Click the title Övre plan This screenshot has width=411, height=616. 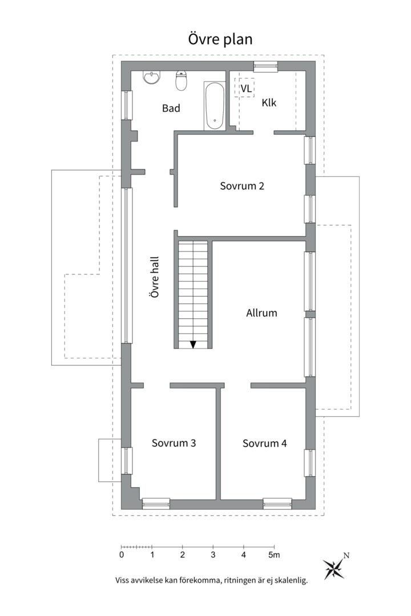pos(220,39)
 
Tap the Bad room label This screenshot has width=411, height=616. pos(171,108)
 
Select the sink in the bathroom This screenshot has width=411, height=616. pos(152,78)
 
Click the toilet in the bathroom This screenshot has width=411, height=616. pos(182,80)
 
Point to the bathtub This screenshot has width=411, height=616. pos(215,106)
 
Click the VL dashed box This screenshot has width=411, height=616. pos(245,88)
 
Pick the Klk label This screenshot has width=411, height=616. pos(269,103)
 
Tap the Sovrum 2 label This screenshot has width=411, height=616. pos(242,186)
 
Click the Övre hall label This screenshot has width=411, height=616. pos(155,277)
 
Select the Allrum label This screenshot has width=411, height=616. pos(261,313)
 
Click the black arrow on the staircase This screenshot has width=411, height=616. pos(193,345)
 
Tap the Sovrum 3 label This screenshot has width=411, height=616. pos(174,443)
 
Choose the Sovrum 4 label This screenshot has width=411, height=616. pos(265,444)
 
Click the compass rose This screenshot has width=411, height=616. pos(334,569)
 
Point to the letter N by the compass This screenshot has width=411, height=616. pos(346,556)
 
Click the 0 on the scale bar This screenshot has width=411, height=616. pos(122,555)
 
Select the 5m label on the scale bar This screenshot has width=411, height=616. pos(274,555)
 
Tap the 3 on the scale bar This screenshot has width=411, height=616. pos(213,555)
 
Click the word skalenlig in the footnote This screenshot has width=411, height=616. pos(293,580)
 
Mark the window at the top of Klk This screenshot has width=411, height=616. pos(265,66)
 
